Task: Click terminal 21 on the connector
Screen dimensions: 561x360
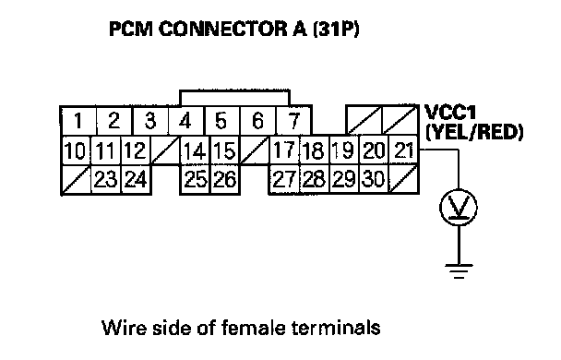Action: click(403, 150)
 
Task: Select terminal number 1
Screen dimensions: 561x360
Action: click(78, 121)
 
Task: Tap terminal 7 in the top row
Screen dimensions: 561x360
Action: click(293, 121)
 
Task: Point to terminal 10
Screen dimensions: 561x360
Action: click(76, 150)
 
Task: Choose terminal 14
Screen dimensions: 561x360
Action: click(195, 150)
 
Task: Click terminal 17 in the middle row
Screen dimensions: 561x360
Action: click(284, 150)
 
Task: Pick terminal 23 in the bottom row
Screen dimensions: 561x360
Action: click(106, 180)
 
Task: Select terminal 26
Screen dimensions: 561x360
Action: click(225, 180)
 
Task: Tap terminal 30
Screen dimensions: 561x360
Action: click(374, 180)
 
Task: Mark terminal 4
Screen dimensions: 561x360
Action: click(186, 121)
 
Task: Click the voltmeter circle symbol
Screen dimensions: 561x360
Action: click(459, 208)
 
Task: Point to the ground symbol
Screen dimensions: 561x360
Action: click(459, 271)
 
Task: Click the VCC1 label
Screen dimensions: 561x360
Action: click(450, 113)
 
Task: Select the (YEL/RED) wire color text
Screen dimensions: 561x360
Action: click(474, 132)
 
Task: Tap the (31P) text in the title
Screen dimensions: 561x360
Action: click(336, 30)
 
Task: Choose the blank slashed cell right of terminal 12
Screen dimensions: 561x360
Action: click(165, 150)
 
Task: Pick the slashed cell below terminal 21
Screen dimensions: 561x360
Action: click(403, 180)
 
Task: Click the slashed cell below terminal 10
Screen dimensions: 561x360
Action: click(76, 180)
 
